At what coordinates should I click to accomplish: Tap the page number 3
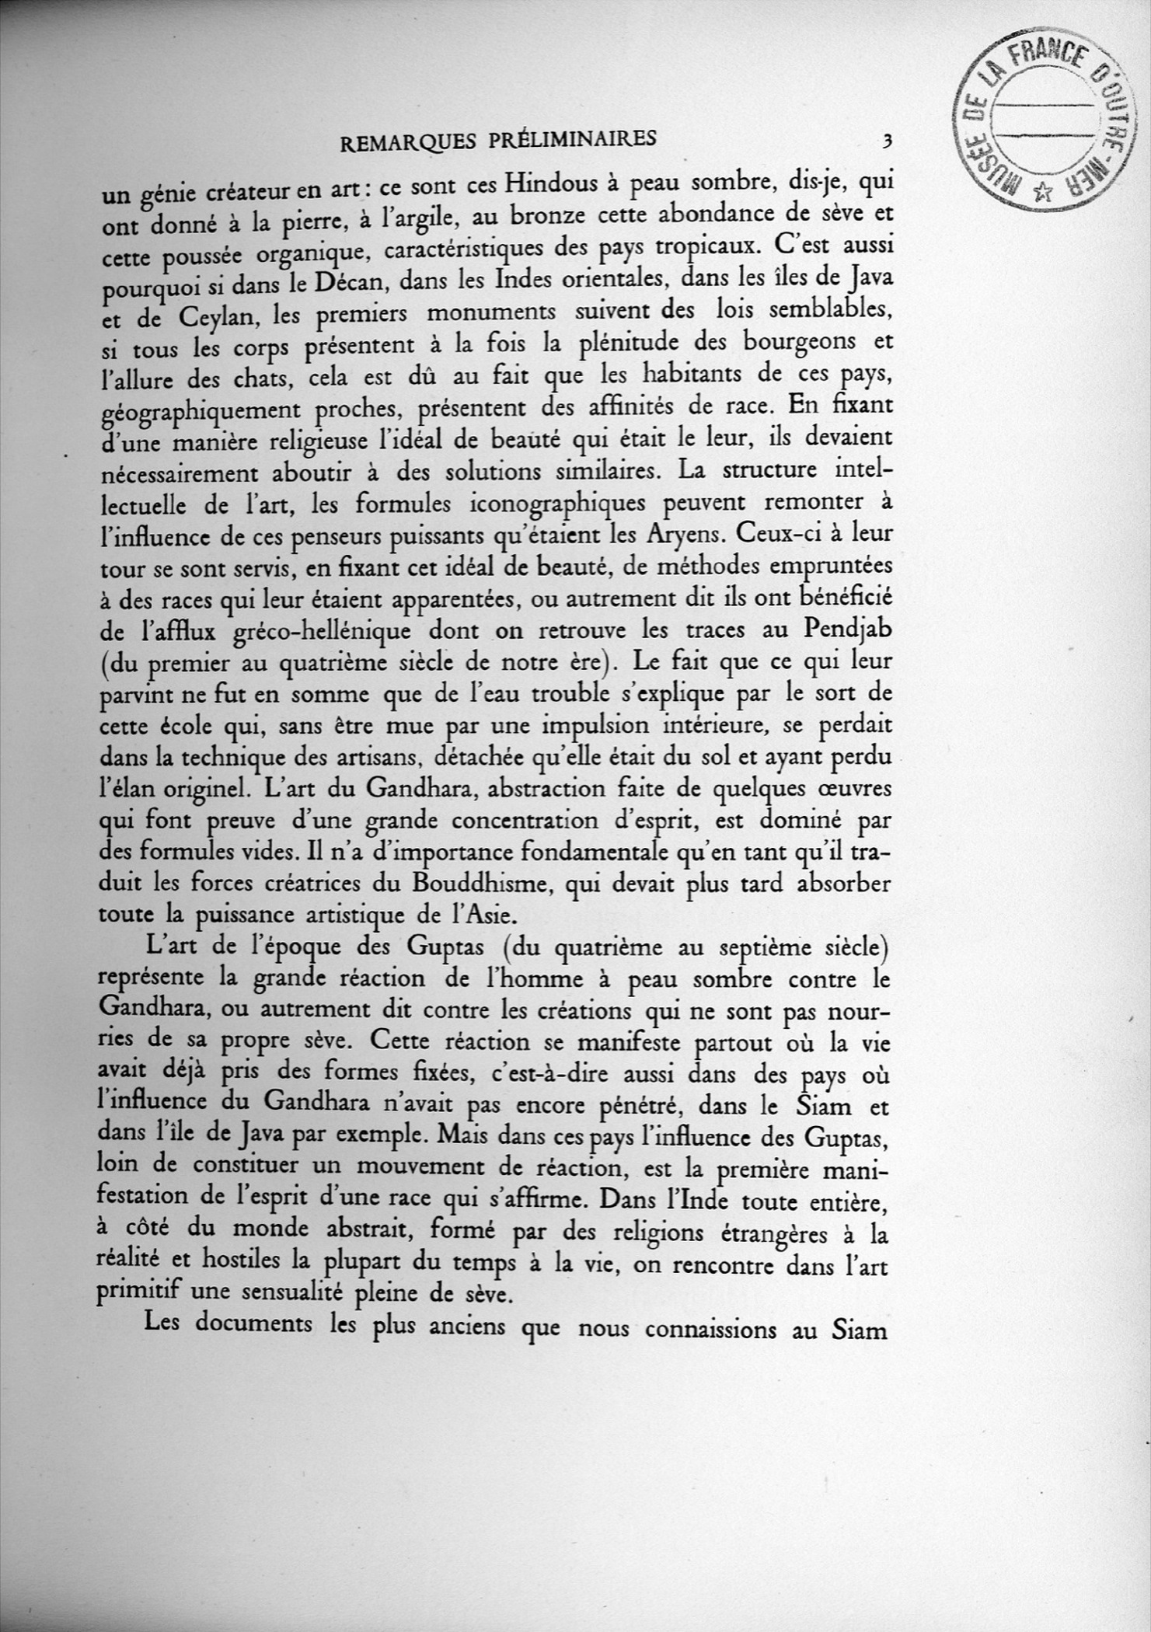coord(885,140)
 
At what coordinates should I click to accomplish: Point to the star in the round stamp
coord(1045,190)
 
